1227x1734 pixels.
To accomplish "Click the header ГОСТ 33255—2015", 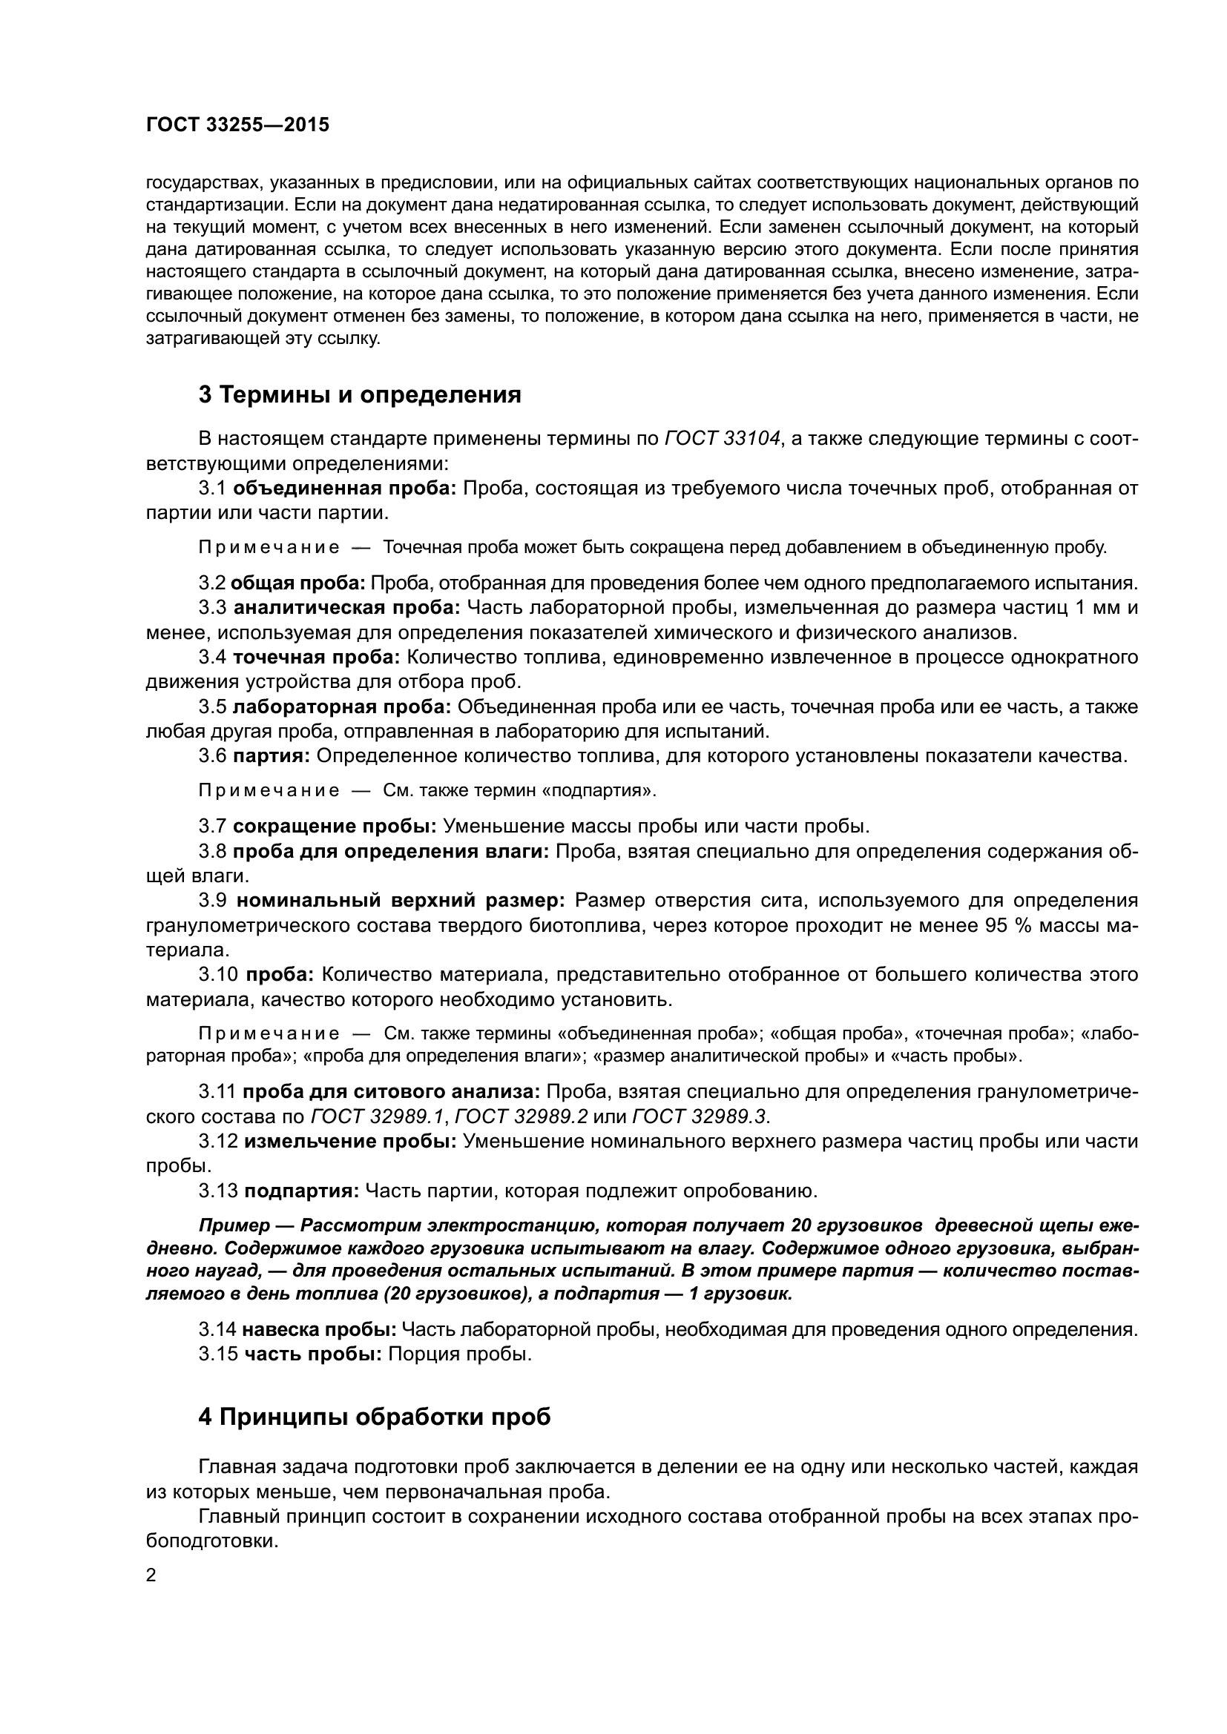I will click(237, 125).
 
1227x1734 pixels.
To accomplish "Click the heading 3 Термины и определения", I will click(360, 395).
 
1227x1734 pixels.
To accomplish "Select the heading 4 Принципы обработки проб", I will click(374, 1417).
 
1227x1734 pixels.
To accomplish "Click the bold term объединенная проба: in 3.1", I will click(344, 488).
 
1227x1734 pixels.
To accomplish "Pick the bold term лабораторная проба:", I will click(341, 707).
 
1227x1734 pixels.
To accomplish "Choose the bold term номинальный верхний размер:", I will click(401, 900).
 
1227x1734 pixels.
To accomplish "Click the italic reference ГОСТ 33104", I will click(723, 439).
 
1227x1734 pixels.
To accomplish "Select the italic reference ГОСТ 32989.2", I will click(522, 1116).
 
